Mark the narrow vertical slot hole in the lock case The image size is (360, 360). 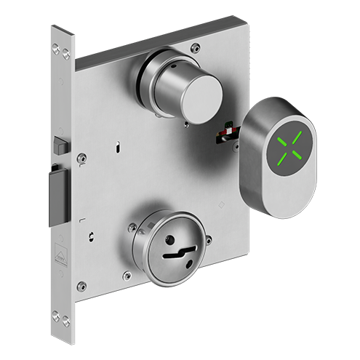point(117,148)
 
